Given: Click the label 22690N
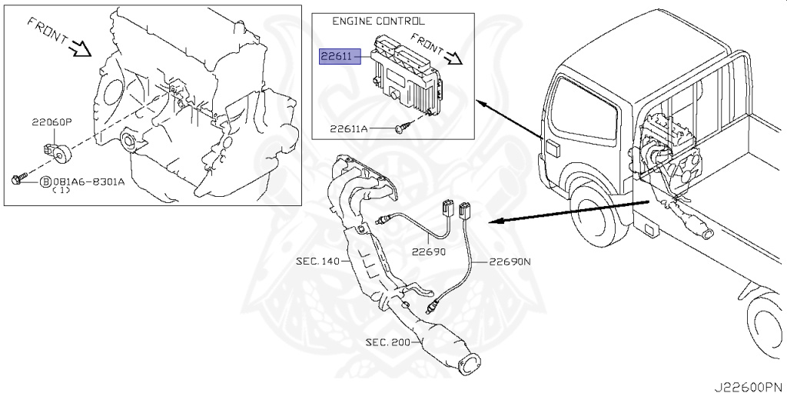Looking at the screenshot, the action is [x=509, y=261].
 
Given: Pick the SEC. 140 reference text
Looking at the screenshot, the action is [x=317, y=261].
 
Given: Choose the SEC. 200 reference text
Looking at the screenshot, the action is [x=388, y=341].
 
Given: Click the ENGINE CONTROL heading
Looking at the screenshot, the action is [x=377, y=22].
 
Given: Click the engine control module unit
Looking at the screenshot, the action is [x=404, y=74].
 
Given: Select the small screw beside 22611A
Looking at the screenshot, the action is [x=401, y=128].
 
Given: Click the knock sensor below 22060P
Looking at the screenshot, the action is [x=57, y=151].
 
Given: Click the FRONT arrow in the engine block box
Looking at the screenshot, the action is [x=80, y=48].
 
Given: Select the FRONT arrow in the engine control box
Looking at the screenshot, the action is [x=452, y=56].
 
